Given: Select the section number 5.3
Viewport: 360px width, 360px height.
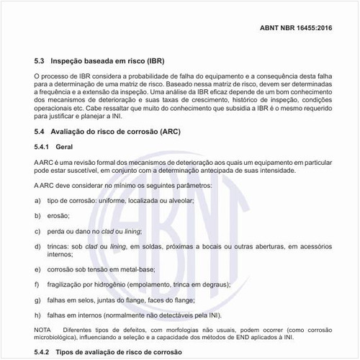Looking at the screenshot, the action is click(x=40, y=62).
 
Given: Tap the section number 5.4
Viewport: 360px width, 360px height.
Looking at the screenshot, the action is click(x=40, y=132).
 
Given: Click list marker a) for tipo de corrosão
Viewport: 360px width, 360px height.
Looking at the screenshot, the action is click(x=37, y=201).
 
